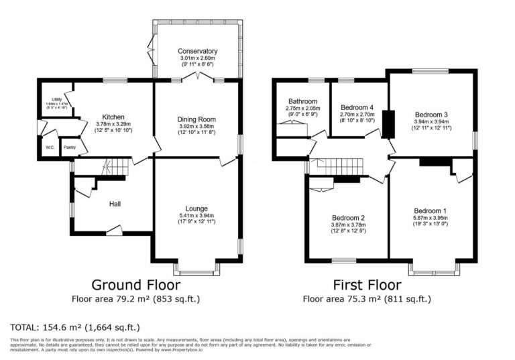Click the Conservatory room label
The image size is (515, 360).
pos(198,51)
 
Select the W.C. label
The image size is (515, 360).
pos(50,147)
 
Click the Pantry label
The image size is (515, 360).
pos(69,147)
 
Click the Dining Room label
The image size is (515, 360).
pos(197,119)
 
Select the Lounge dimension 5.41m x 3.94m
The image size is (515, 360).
pos(197,215)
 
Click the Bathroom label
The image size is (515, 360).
pos(302,101)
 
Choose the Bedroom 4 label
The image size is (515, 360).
pos(358,107)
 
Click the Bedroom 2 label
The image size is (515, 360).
pos(348,218)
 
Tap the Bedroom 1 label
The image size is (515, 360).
pos(430,211)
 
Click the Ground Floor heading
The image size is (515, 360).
pos(135,284)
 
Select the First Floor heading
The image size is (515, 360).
pos(366,284)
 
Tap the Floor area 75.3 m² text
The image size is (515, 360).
pos(366,299)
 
